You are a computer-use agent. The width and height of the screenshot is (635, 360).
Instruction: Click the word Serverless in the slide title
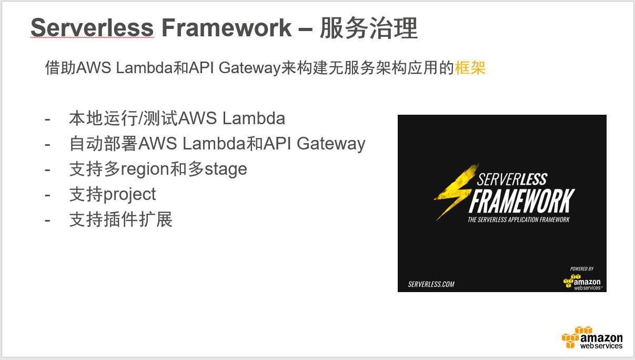(92, 28)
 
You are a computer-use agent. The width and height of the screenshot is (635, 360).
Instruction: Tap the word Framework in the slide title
(226, 28)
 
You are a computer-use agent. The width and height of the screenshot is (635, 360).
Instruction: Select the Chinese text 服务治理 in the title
(368, 28)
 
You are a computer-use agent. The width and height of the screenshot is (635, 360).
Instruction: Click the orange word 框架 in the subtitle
(470, 68)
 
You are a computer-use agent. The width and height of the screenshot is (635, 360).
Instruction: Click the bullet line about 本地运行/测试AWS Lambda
(177, 118)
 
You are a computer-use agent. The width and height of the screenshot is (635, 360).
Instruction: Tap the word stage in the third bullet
(225, 169)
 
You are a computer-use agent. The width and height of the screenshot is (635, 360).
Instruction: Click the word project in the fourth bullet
(129, 194)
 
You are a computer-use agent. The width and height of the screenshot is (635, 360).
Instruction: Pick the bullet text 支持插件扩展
(120, 219)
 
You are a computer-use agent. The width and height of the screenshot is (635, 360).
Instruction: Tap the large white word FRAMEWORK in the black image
(521, 201)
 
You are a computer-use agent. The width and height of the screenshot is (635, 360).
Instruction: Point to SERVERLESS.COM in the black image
(431, 284)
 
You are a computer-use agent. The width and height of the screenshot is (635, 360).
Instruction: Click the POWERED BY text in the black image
(581, 268)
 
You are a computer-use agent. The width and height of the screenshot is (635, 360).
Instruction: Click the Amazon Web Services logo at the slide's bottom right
(592, 338)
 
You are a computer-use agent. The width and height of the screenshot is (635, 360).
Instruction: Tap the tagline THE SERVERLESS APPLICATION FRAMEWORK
(518, 219)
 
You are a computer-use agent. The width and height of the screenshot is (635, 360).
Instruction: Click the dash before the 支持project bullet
(48, 195)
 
